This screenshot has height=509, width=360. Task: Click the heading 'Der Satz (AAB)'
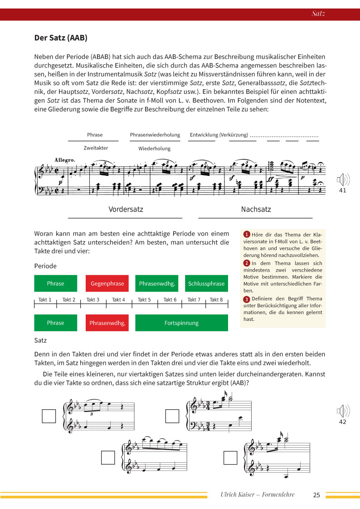coord(61,38)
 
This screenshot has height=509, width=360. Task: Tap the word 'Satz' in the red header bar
coord(318,14)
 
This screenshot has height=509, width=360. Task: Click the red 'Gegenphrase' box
coord(107,283)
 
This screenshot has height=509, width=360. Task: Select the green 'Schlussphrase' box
coord(206,283)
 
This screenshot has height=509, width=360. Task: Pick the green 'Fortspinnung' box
coord(181,323)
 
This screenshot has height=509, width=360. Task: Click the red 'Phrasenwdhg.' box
coord(107,323)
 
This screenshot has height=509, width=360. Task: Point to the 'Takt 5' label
coord(144,300)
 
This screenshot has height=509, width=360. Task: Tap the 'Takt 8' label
coord(216,300)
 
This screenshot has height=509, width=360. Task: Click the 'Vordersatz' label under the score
coord(126,209)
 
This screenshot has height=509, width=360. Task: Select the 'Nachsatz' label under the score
coord(256,209)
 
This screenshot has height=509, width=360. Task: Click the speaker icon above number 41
coord(343,180)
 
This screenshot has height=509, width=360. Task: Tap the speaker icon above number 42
coord(343,412)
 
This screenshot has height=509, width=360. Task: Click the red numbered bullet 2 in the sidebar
coord(247,263)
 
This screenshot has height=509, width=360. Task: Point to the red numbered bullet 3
coord(247,299)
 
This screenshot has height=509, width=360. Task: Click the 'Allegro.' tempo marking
coord(64,160)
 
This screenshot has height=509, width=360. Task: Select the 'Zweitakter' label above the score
coord(96,148)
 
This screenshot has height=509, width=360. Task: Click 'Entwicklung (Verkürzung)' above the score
coord(219,135)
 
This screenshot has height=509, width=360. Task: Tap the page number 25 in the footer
coord(316,495)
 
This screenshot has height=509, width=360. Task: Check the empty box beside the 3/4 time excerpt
coord(172,416)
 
